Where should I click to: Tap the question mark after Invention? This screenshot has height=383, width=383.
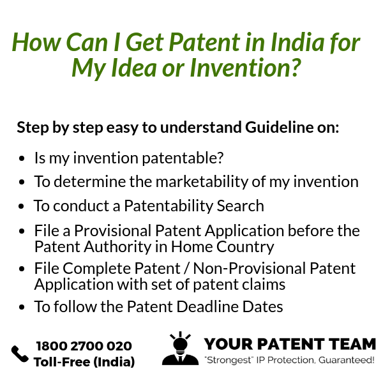(x=294, y=66)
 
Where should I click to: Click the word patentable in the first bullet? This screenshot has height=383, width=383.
(x=183, y=158)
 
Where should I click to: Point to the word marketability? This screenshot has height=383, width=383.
(x=202, y=182)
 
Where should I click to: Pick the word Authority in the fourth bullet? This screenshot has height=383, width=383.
(x=117, y=246)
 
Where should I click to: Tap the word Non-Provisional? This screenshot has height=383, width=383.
(x=250, y=268)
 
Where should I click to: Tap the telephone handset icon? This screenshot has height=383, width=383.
(x=20, y=354)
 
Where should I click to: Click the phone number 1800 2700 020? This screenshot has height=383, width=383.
(x=84, y=346)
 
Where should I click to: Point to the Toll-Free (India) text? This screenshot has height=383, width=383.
(x=84, y=362)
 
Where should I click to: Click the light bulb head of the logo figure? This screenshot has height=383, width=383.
(x=180, y=343)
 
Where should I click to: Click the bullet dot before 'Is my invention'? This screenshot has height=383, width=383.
(x=22, y=158)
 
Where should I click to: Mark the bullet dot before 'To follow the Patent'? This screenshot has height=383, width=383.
(x=22, y=307)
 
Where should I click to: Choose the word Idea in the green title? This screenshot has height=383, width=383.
(x=133, y=66)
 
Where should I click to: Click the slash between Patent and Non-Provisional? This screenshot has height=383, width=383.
(x=187, y=269)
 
